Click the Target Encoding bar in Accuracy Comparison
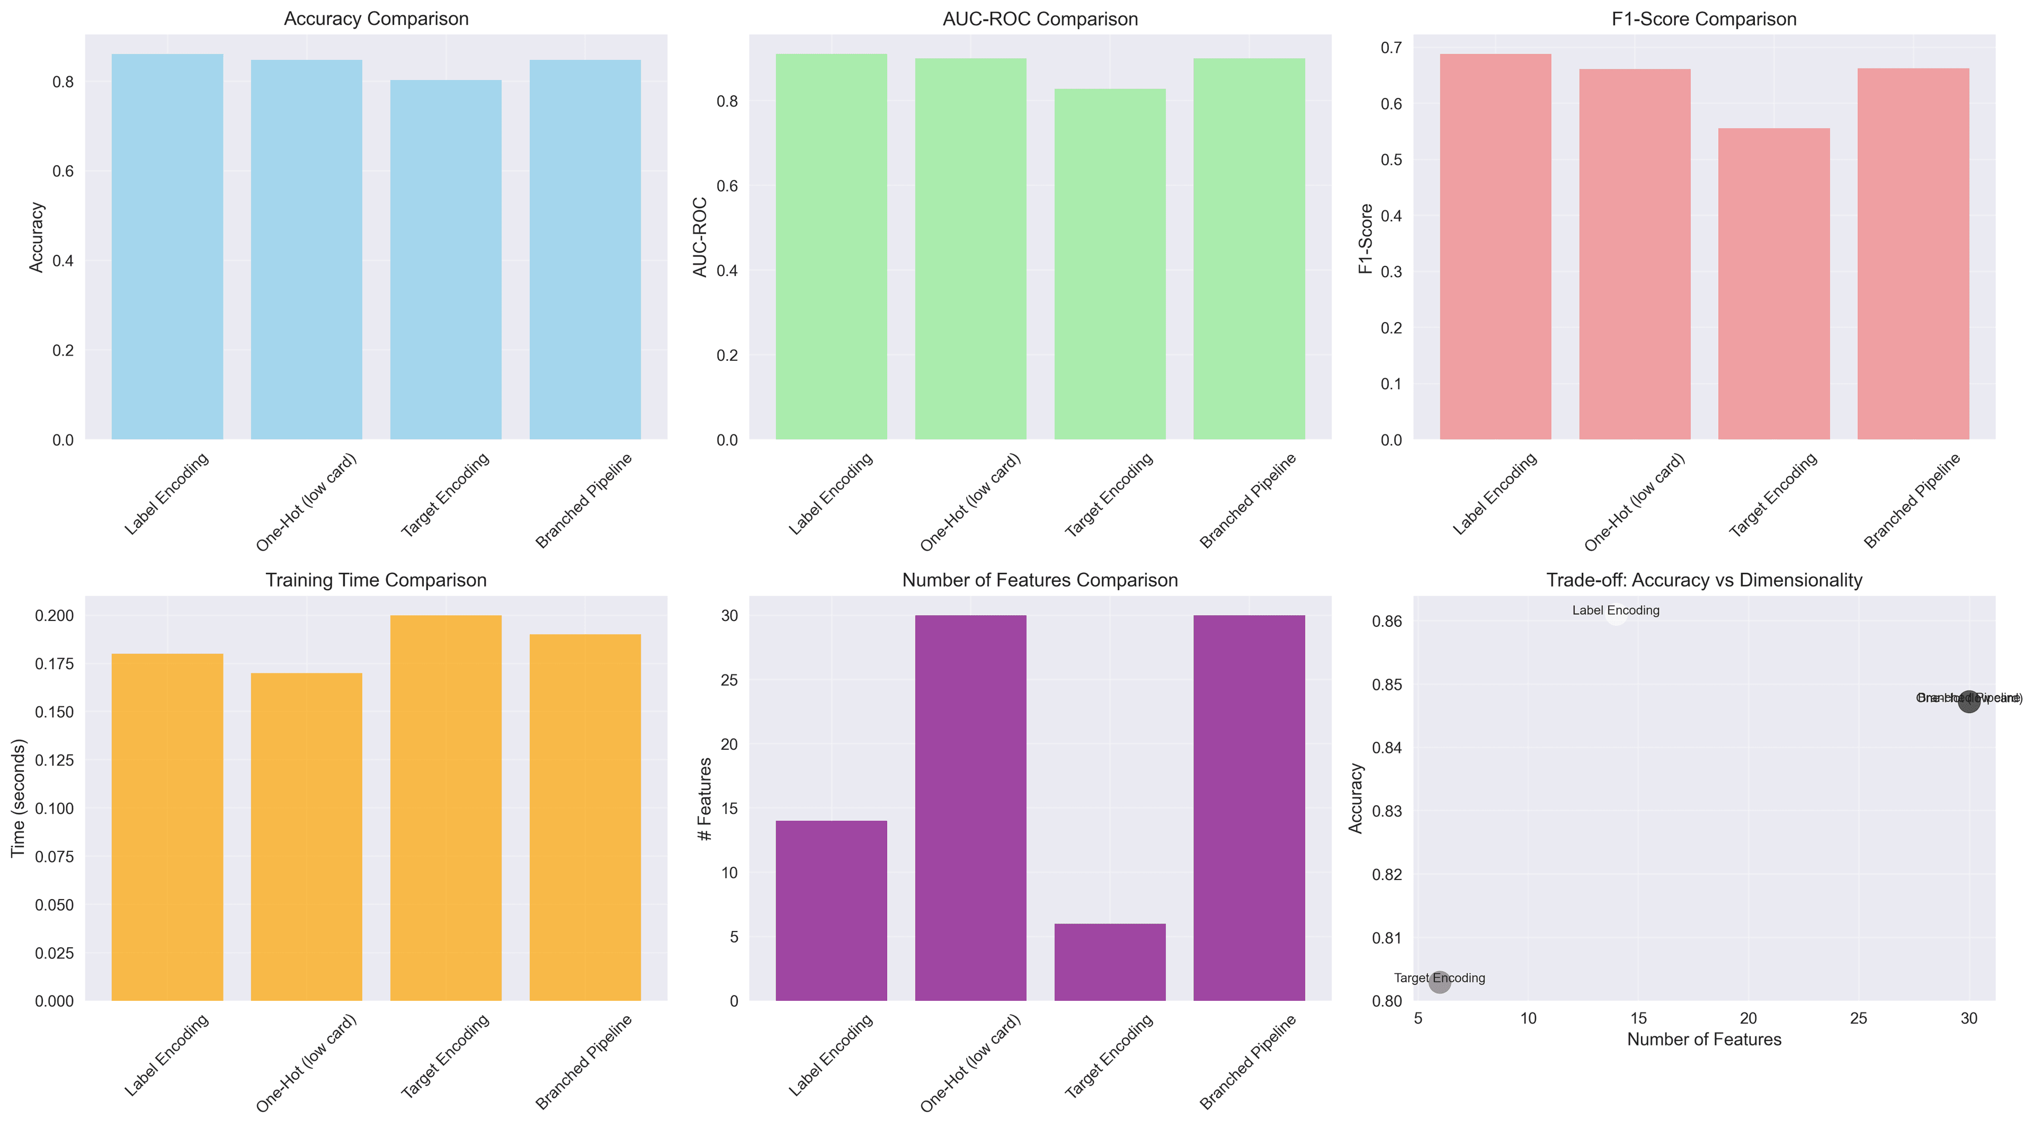click(x=445, y=261)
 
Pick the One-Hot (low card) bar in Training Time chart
click(x=306, y=837)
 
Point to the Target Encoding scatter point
click(x=1440, y=982)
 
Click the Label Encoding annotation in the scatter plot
click(x=1616, y=610)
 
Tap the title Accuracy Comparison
click(x=376, y=19)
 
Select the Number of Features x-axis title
click(x=1704, y=1040)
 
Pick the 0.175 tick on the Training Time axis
click(x=55, y=663)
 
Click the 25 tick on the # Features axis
click(x=729, y=680)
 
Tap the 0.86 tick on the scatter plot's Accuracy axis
click(x=1387, y=621)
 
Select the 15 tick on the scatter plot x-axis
click(x=1638, y=1018)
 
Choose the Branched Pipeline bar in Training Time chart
click(x=585, y=818)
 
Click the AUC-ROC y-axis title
click(x=700, y=237)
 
